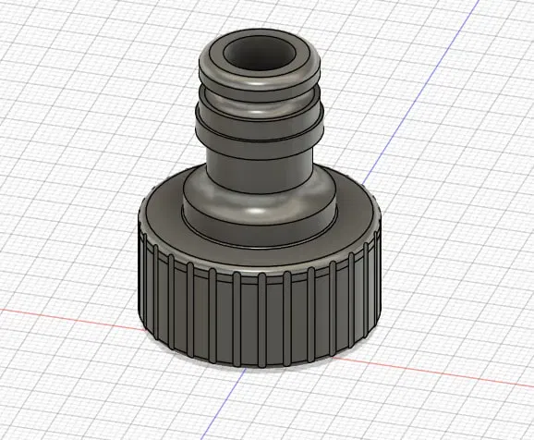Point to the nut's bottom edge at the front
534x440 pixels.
pyautogui.click(x=259, y=368)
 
